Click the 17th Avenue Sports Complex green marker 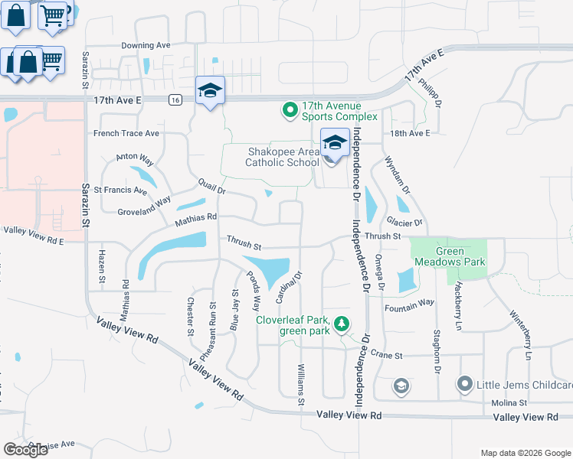click(290, 111)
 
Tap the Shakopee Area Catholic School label click(282, 157)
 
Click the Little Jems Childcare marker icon click(464, 384)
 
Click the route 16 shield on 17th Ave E click(175, 100)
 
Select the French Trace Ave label click(126, 133)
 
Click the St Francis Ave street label click(114, 190)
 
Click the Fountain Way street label click(410, 304)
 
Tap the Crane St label click(386, 355)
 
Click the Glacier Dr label click(406, 223)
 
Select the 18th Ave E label click(410, 133)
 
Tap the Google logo click(25, 450)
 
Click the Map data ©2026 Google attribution click(525, 452)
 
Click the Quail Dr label click(211, 185)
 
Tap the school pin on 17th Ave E click(209, 91)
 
